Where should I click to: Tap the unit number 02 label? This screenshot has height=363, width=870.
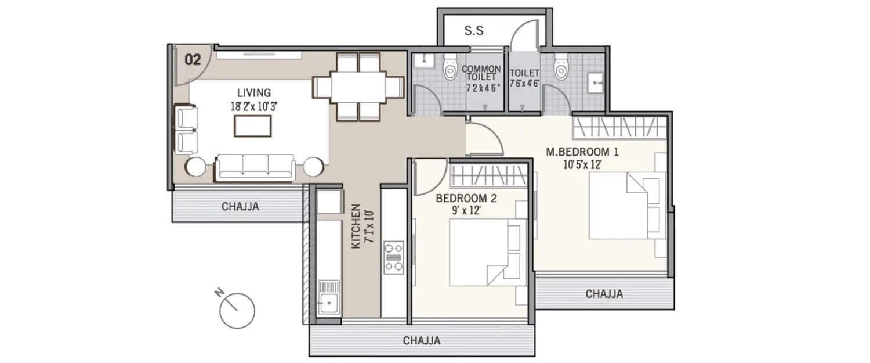tap(193, 59)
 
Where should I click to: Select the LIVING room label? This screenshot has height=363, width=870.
tap(253, 92)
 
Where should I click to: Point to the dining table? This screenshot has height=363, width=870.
tap(358, 87)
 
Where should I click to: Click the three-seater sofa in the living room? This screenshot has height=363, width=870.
tap(255, 166)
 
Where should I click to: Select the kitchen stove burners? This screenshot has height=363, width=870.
tap(394, 256)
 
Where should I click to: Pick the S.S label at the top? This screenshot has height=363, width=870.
tap(474, 31)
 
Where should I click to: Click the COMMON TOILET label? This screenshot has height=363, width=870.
tap(481, 73)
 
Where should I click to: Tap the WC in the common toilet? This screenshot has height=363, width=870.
tap(450, 69)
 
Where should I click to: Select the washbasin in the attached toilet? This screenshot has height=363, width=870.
tap(596, 84)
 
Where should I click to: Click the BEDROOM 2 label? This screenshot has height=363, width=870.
tap(466, 198)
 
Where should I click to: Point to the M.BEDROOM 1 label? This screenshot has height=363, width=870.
tap(582, 152)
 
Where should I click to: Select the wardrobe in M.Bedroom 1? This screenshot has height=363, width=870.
tap(619, 126)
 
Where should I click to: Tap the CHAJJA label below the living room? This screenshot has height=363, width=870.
tap(240, 206)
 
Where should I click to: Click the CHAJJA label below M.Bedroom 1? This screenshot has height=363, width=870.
tap(604, 294)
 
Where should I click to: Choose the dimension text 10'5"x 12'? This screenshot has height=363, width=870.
tap(582, 164)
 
